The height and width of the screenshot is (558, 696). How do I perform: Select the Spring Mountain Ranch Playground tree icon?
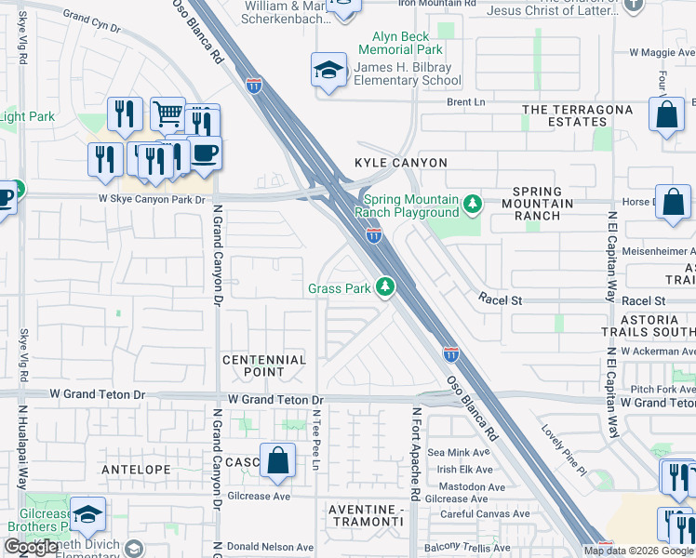click(473, 203)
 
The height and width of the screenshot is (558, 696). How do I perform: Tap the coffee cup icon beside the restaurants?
click(205, 153)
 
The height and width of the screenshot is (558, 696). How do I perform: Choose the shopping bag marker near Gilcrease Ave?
click(277, 460)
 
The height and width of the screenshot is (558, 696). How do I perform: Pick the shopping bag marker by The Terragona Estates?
click(667, 116)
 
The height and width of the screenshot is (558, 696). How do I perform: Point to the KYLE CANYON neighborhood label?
click(401, 163)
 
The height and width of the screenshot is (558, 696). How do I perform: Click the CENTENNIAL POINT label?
click(264, 365)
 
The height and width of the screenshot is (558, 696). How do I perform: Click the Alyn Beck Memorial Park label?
click(402, 42)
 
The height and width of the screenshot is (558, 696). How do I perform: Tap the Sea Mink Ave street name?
click(452, 452)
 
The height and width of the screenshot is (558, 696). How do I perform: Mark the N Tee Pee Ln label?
click(316, 442)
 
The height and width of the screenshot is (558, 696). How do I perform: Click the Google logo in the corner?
click(31, 547)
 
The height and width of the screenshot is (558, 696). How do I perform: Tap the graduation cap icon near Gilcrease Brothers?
click(87, 515)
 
